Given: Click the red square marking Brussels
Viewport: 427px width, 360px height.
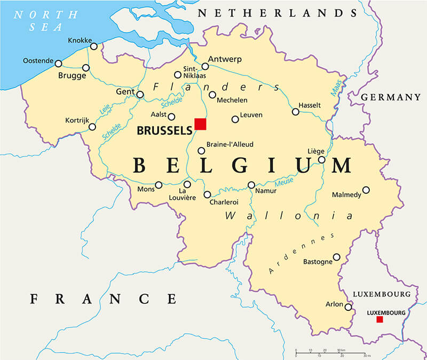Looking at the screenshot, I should coord(200,124).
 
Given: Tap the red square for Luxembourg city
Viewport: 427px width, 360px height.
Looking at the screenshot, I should coord(379,319).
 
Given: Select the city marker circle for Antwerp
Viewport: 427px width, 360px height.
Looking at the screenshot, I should coord(205,67).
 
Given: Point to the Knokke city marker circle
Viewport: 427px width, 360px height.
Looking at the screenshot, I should coord(94,46).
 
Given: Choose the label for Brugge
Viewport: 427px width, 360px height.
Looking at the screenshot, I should coord(72,76).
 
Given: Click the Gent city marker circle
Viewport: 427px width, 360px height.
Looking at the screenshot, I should coord(140,95).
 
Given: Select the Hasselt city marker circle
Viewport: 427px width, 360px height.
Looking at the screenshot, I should coord(295,112).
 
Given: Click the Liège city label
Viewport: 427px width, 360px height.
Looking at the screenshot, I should coord(317,151).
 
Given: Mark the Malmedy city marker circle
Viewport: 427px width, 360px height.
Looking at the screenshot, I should coord(366,190).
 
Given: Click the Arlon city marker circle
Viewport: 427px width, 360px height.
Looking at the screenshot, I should coord(348,307).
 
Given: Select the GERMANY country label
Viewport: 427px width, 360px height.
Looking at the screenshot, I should coord(391,97).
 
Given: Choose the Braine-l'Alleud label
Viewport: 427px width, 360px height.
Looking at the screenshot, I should coord(230,144).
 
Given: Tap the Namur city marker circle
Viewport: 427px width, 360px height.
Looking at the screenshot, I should coord(251,185).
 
